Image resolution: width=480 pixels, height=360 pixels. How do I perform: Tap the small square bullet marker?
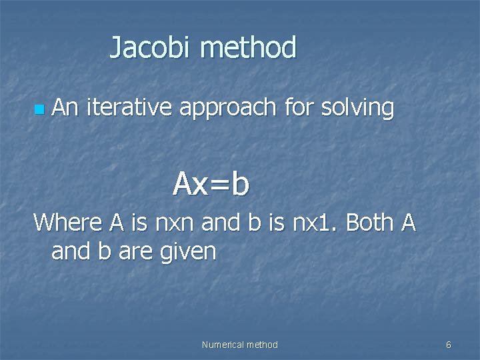tap(41, 108)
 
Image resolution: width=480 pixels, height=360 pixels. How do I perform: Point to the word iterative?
tap(128, 107)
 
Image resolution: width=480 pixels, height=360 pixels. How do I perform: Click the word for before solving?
tap(298, 107)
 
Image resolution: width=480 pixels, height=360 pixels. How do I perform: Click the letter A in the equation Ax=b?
tap(183, 184)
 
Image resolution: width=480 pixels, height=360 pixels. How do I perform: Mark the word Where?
tap(67, 222)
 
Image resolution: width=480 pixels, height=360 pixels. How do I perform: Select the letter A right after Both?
tap(409, 222)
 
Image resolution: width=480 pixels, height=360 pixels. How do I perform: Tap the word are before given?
tap(142, 252)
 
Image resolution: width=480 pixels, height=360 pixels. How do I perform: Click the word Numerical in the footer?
tap(223, 345)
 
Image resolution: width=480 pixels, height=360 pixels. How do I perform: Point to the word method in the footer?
tap(262, 345)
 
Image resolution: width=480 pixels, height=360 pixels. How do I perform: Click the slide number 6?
tap(448, 345)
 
